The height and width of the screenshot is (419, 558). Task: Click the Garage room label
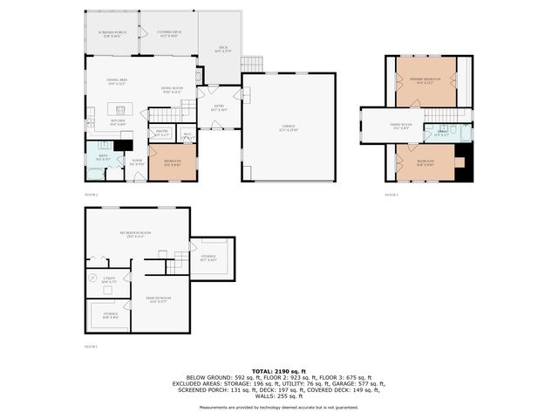[x=288, y=127]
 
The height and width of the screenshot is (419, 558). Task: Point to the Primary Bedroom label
[x=425, y=80]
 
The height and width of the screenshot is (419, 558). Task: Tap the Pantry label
[x=161, y=134]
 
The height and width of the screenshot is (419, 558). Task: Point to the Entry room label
[x=220, y=108]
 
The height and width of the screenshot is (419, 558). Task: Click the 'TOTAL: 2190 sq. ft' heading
[x=279, y=371]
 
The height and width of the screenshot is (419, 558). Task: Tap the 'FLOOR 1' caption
[x=91, y=347]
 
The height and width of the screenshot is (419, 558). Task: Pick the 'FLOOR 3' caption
[x=391, y=195]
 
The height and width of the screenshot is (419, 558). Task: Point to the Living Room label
[x=171, y=90]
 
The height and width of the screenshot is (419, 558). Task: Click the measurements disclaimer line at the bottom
[x=279, y=407]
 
